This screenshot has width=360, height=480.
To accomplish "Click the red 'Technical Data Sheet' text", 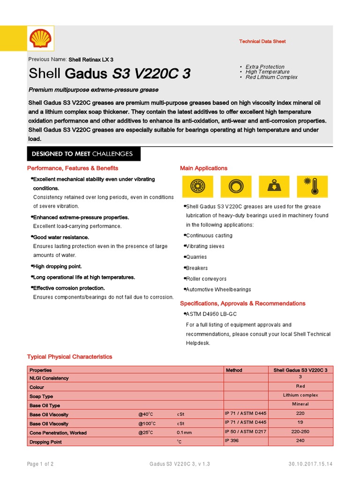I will coord(262,42).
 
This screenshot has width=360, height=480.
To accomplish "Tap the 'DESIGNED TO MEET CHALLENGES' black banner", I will coord(82,154).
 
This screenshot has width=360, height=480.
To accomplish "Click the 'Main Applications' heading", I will coord(203,168).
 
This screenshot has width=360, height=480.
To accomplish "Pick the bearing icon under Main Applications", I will coord(197,186).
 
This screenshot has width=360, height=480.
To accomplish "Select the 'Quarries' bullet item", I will coord(196,257).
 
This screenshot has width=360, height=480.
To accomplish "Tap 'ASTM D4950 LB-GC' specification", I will coord(206,314).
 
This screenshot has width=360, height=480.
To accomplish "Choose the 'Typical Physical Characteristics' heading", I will coord(70,357).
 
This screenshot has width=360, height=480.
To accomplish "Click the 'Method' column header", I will coord(234,370).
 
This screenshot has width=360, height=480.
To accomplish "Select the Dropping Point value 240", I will coord(300,441).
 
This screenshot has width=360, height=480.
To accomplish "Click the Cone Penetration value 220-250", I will coord(300,432).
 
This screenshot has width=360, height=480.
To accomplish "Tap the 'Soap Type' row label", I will coord(41,397).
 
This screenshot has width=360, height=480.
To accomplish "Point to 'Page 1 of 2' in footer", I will coord(40,464).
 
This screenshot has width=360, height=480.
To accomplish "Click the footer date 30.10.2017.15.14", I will coord(310,464).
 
